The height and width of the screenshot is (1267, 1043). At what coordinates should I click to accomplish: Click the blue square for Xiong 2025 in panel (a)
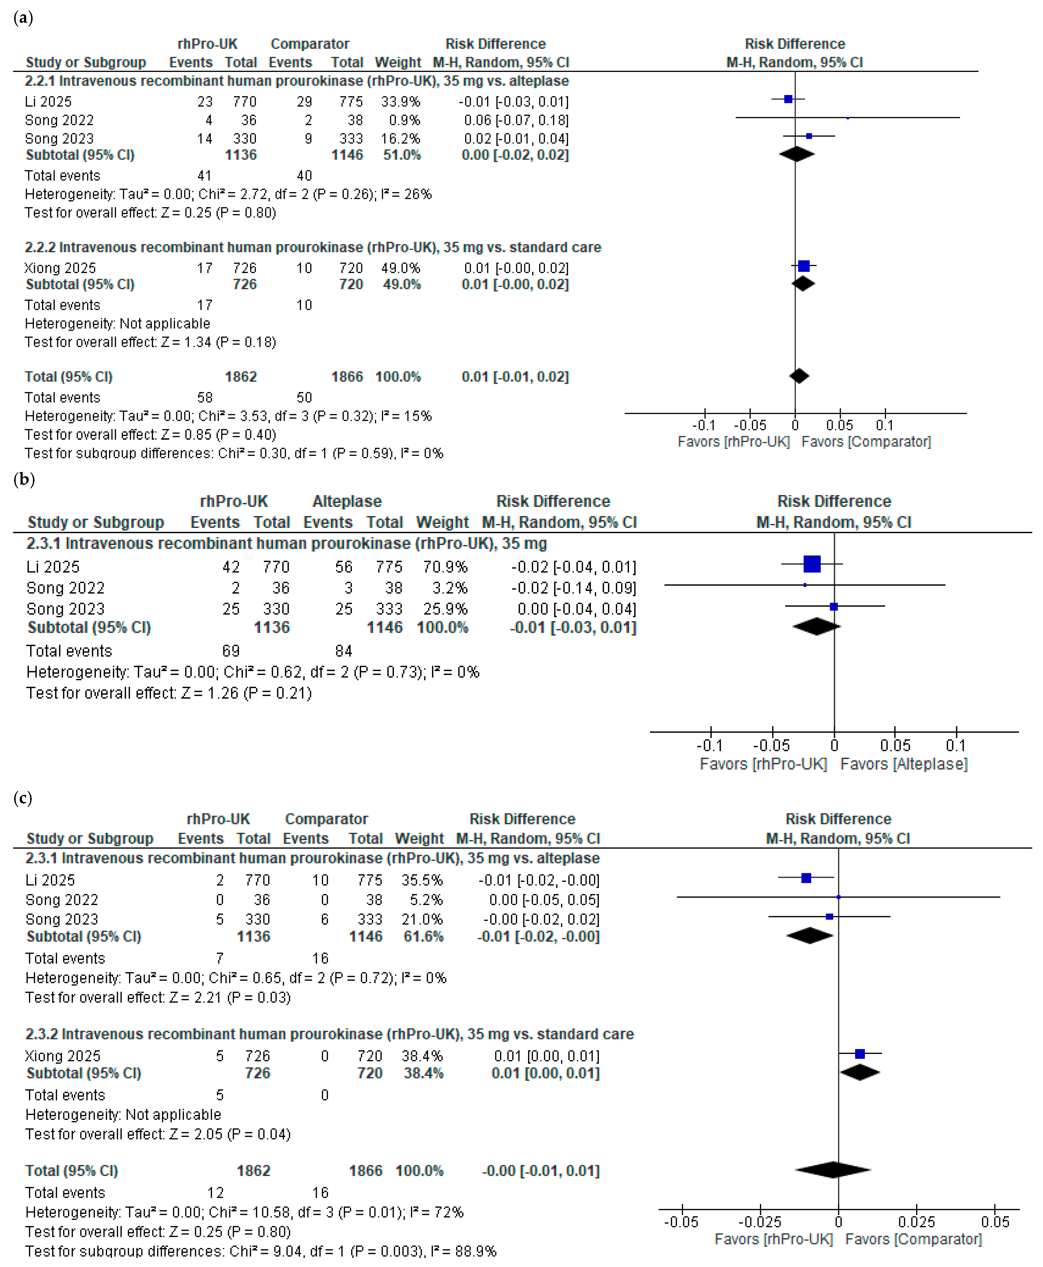point(803,266)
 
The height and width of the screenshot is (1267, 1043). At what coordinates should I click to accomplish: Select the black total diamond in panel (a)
point(799,376)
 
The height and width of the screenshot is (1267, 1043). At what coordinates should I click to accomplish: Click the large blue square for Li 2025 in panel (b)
point(812,564)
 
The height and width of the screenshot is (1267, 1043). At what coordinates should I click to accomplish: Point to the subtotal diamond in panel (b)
point(816,626)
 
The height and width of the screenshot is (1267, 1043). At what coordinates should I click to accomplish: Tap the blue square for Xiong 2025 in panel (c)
point(860,1054)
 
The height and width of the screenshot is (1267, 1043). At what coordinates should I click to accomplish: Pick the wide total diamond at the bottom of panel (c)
point(833,1170)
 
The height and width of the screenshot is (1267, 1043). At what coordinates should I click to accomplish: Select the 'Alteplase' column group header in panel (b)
point(347,501)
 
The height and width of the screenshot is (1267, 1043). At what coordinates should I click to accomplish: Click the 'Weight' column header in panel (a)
point(398,62)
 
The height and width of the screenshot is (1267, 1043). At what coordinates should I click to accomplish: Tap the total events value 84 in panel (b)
point(344,651)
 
